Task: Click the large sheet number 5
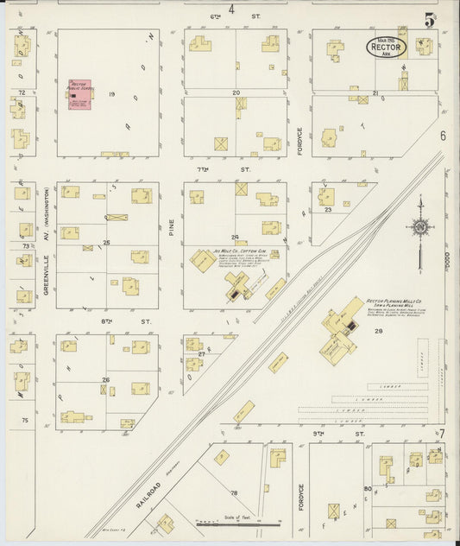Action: click(429, 18)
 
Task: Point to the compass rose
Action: click(420, 228)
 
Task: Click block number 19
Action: click(112, 92)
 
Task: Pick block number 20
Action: click(235, 92)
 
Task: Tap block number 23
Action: click(328, 210)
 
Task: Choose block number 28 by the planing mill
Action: click(377, 331)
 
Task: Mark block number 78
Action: click(234, 492)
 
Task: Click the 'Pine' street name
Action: click(171, 228)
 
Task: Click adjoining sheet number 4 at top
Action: click(231, 10)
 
